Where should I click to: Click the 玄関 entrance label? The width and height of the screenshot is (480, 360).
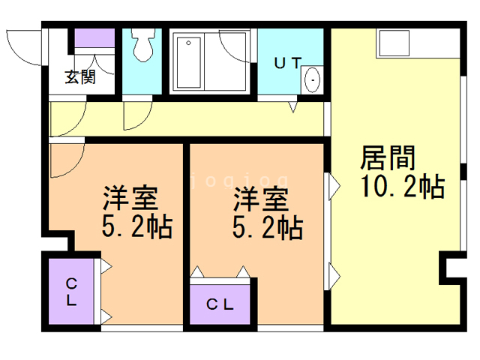79,76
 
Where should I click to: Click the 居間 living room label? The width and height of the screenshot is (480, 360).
388,160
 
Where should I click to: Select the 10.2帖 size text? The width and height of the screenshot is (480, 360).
402,187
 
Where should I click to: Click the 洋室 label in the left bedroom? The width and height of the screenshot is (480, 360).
130,199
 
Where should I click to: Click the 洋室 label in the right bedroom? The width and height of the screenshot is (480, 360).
260,200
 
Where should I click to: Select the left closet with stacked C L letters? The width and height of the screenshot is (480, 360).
72,292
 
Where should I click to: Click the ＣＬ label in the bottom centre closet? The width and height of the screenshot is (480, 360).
220,305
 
